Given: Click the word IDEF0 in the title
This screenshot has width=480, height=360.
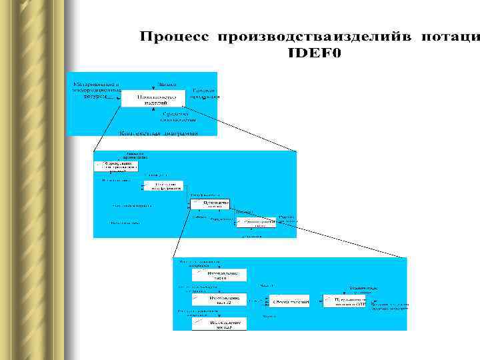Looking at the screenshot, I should tap(313, 53).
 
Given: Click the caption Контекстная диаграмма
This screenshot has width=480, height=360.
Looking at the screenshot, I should tap(159, 133).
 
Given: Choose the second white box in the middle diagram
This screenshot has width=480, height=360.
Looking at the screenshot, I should tap(163, 185).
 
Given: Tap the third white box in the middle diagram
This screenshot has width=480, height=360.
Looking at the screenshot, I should tap(209, 203).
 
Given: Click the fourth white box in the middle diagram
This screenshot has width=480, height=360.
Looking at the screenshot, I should tap(256, 222).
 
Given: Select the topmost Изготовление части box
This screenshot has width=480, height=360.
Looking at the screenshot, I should tap(219, 275).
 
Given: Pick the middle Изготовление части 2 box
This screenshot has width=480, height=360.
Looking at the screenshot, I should tap(219, 300).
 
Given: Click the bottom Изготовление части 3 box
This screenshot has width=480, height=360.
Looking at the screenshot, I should tap(219, 323).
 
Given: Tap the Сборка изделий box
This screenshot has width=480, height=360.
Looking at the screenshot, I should tap(289, 301).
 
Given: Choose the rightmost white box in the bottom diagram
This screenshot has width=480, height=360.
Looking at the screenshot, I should tap(344, 301).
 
